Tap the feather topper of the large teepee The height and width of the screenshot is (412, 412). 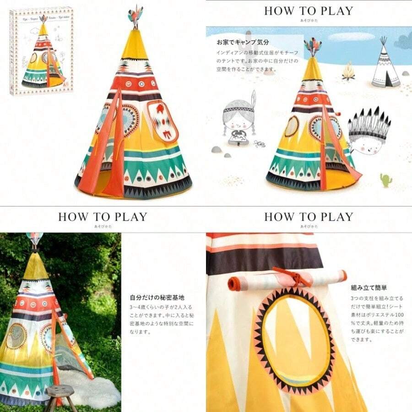click(135, 16)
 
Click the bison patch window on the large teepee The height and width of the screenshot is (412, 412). click(163, 121)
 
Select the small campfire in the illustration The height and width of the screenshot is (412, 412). click(349, 72)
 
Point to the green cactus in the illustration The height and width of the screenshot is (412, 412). click(386, 179)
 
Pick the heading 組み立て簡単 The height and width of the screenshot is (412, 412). click(369, 288)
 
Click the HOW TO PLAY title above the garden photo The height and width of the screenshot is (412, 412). click(103, 217)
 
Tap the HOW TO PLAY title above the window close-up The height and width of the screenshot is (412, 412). click(309, 217)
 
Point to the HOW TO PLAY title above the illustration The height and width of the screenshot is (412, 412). click(309, 11)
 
